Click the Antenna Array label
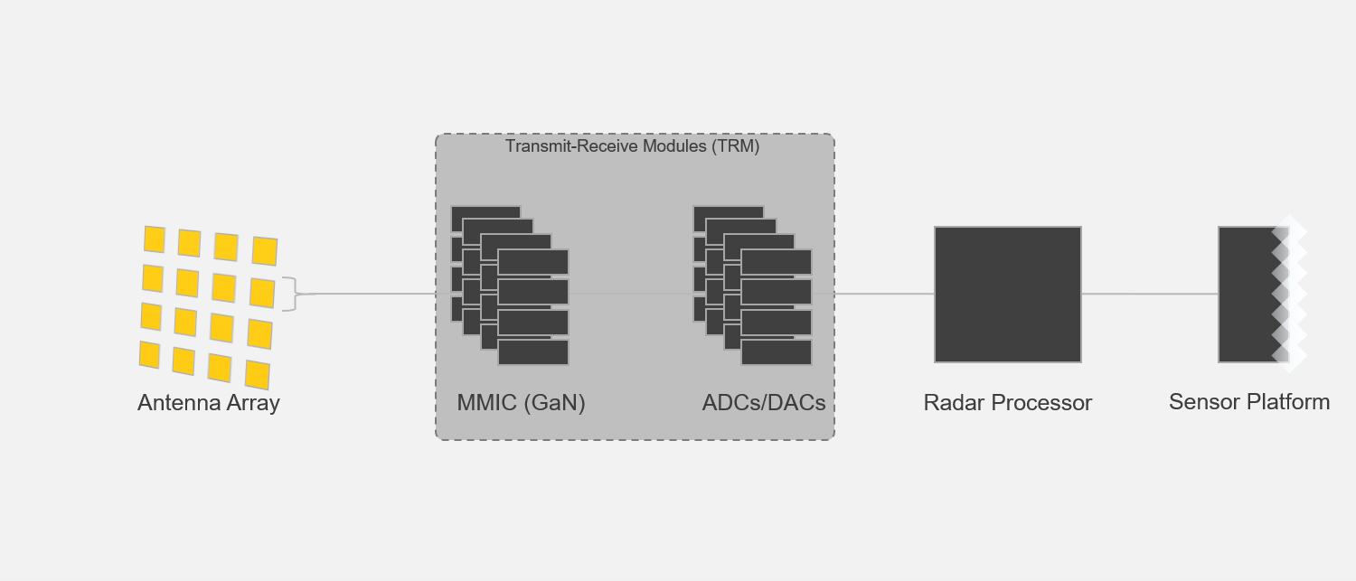click(x=208, y=403)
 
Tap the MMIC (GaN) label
click(x=521, y=403)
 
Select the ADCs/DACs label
click(x=764, y=403)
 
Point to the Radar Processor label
click(x=1007, y=403)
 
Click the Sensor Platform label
click(x=1248, y=402)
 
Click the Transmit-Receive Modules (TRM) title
click(x=632, y=146)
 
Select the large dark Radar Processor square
click(x=1007, y=295)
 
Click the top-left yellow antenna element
click(x=155, y=239)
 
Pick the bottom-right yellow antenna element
click(x=258, y=374)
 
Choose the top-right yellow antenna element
click(x=265, y=250)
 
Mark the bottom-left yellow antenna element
click(x=149, y=354)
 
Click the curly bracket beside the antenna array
click(x=290, y=294)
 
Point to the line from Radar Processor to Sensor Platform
click(x=1149, y=294)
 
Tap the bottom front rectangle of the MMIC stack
click(x=533, y=352)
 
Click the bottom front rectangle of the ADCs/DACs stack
click(x=777, y=352)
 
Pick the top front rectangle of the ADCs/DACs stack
click(x=777, y=262)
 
